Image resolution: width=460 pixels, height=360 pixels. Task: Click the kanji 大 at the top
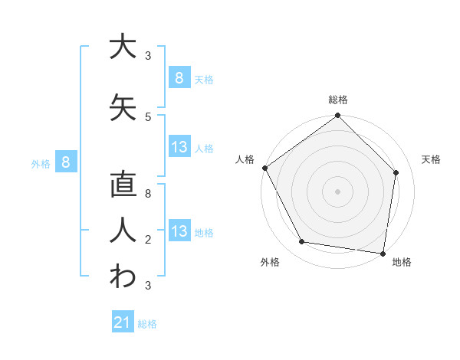point(121,47)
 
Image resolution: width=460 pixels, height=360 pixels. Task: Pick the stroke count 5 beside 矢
point(148,117)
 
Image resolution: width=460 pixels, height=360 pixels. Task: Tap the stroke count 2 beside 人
point(148,241)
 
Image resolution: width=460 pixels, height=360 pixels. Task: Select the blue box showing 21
point(122,323)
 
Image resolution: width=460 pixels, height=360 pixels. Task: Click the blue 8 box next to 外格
point(66,162)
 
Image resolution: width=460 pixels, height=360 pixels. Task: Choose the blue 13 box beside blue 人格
point(179,147)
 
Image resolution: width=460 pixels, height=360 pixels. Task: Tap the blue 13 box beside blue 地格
point(179,231)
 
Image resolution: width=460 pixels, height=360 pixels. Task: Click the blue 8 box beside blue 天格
point(179,78)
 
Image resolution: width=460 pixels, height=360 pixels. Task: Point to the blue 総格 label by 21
point(147,324)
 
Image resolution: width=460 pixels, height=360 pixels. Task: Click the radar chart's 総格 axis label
point(337,100)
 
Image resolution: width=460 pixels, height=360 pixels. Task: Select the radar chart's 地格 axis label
point(402,262)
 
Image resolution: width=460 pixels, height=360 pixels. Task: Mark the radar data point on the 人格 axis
point(265,168)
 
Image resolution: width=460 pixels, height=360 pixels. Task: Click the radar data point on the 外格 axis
point(302,242)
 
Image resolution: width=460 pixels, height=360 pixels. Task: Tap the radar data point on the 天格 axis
point(396,172)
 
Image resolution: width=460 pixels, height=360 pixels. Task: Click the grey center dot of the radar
point(337,191)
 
